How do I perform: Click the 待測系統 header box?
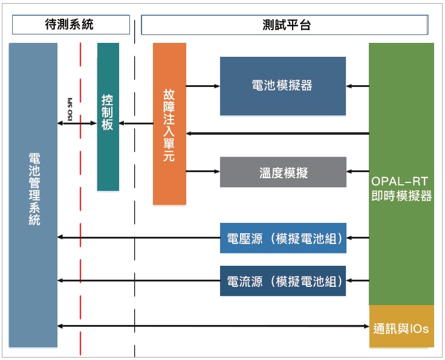point(70,25)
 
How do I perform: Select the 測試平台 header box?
point(285,25)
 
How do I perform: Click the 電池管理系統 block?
point(33,193)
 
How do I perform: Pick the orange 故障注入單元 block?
point(169,123)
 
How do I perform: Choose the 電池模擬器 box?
point(282,86)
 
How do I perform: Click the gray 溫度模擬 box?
point(283,172)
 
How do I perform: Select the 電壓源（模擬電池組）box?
point(283,238)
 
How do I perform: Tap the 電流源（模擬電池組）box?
point(283,281)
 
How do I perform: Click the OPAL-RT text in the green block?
point(401,181)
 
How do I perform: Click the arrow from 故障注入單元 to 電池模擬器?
point(203,86)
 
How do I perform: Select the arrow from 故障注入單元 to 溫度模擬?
point(203,172)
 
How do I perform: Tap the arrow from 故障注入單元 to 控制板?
point(136,124)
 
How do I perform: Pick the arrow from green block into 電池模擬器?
point(357,86)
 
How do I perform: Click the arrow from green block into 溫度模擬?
point(357,172)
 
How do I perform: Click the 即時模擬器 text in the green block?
point(401,196)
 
